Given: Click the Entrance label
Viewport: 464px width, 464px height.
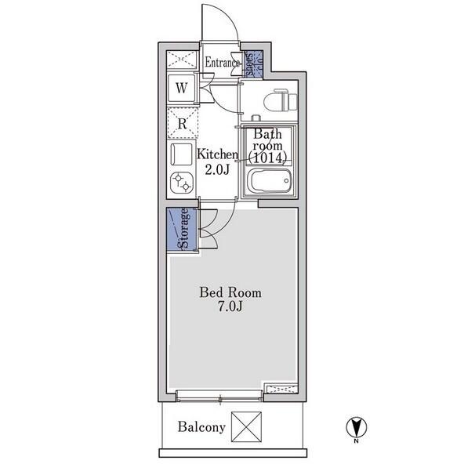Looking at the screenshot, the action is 223,63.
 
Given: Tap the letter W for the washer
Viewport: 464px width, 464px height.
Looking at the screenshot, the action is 182,88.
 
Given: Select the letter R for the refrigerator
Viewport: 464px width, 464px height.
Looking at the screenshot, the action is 183,123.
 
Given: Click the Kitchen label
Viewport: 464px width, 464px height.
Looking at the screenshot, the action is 218,154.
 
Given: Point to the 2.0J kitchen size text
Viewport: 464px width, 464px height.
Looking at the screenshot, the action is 218,169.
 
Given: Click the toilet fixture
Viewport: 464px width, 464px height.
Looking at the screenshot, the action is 280,100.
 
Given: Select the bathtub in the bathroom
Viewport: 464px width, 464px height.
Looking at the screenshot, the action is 270,180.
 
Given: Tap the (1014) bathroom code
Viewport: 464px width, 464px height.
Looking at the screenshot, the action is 268,158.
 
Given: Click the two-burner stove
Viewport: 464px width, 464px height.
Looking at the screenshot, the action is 182,183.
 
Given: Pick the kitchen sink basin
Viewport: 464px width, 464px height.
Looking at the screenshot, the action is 181,154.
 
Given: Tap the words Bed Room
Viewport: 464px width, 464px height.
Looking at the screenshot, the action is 230,292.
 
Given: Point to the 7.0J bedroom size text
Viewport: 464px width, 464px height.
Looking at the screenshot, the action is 230,307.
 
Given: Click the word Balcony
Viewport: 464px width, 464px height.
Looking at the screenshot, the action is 201,427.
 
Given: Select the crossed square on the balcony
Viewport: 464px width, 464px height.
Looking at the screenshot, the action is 246,426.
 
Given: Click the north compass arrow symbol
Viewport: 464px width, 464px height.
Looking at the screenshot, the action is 357,427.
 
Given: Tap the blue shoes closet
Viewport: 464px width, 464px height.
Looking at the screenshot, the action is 253,64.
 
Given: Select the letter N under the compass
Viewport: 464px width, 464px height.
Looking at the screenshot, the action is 357,441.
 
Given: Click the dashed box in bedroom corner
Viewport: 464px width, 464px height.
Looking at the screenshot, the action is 281,389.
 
